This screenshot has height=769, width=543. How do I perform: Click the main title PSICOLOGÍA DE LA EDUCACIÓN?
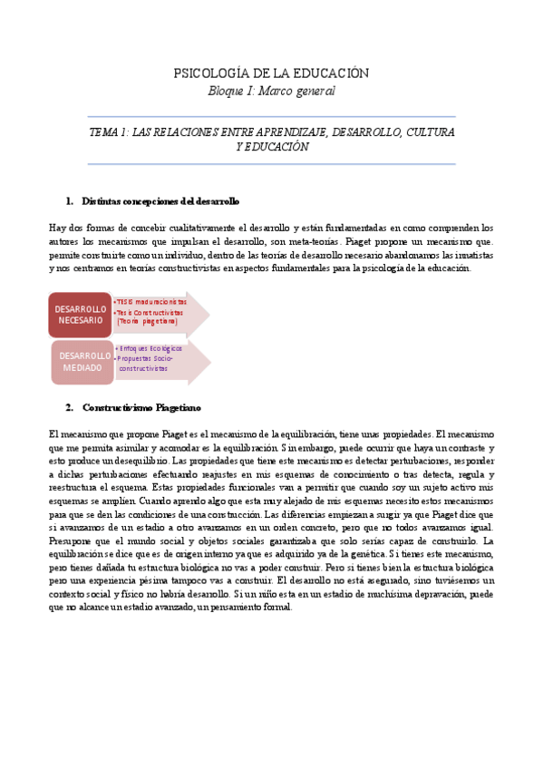pos(271,73)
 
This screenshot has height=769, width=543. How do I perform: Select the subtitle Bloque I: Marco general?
pos(271,91)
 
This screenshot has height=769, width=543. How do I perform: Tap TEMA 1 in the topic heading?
pos(108,132)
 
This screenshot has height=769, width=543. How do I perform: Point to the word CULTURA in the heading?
pos(431,132)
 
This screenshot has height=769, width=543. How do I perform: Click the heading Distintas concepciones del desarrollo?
pos(160,200)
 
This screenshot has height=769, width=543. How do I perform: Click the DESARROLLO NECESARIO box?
pos(80,315)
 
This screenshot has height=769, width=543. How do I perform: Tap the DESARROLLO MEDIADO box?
pos(82,361)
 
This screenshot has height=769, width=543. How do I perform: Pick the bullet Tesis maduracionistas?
pos(150,301)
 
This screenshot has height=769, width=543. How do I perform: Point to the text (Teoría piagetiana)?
pos(148,321)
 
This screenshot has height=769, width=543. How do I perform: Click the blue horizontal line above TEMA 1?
pos(271,117)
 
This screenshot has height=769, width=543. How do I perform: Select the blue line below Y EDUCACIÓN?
pos(271,164)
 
